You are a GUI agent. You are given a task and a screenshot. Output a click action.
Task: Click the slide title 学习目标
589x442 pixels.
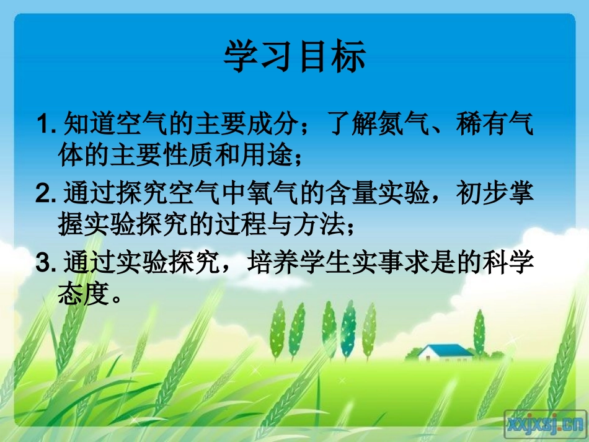[x=294, y=57]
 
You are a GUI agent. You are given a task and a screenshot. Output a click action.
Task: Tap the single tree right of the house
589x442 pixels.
[x=479, y=332]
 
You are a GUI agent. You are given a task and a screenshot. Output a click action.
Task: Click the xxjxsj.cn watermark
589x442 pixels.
[x=545, y=423]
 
